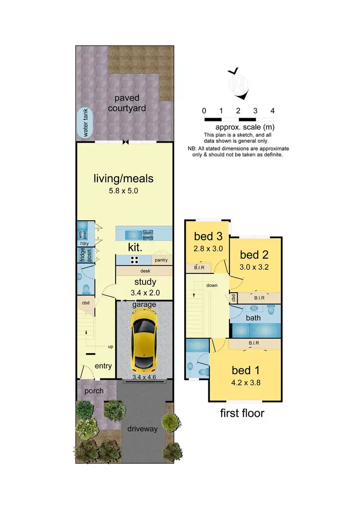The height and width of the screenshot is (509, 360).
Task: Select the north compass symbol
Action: click(238, 83)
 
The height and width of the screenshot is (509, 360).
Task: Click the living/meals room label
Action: click(124, 179)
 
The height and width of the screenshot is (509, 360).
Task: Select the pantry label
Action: click(160, 260)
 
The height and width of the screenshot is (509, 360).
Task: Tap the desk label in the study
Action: click(144, 271)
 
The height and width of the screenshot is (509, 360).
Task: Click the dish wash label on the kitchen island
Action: click(148, 235)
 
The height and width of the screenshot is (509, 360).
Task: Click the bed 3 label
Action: click(207, 237)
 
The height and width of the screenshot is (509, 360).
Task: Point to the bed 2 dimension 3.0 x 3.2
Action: click(255, 266)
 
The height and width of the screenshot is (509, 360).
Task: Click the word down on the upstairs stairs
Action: click(212, 285)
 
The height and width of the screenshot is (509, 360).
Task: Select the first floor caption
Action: click(242, 413)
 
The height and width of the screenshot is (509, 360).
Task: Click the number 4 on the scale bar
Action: click(273, 111)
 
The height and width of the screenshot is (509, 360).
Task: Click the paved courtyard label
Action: click(127, 103)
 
